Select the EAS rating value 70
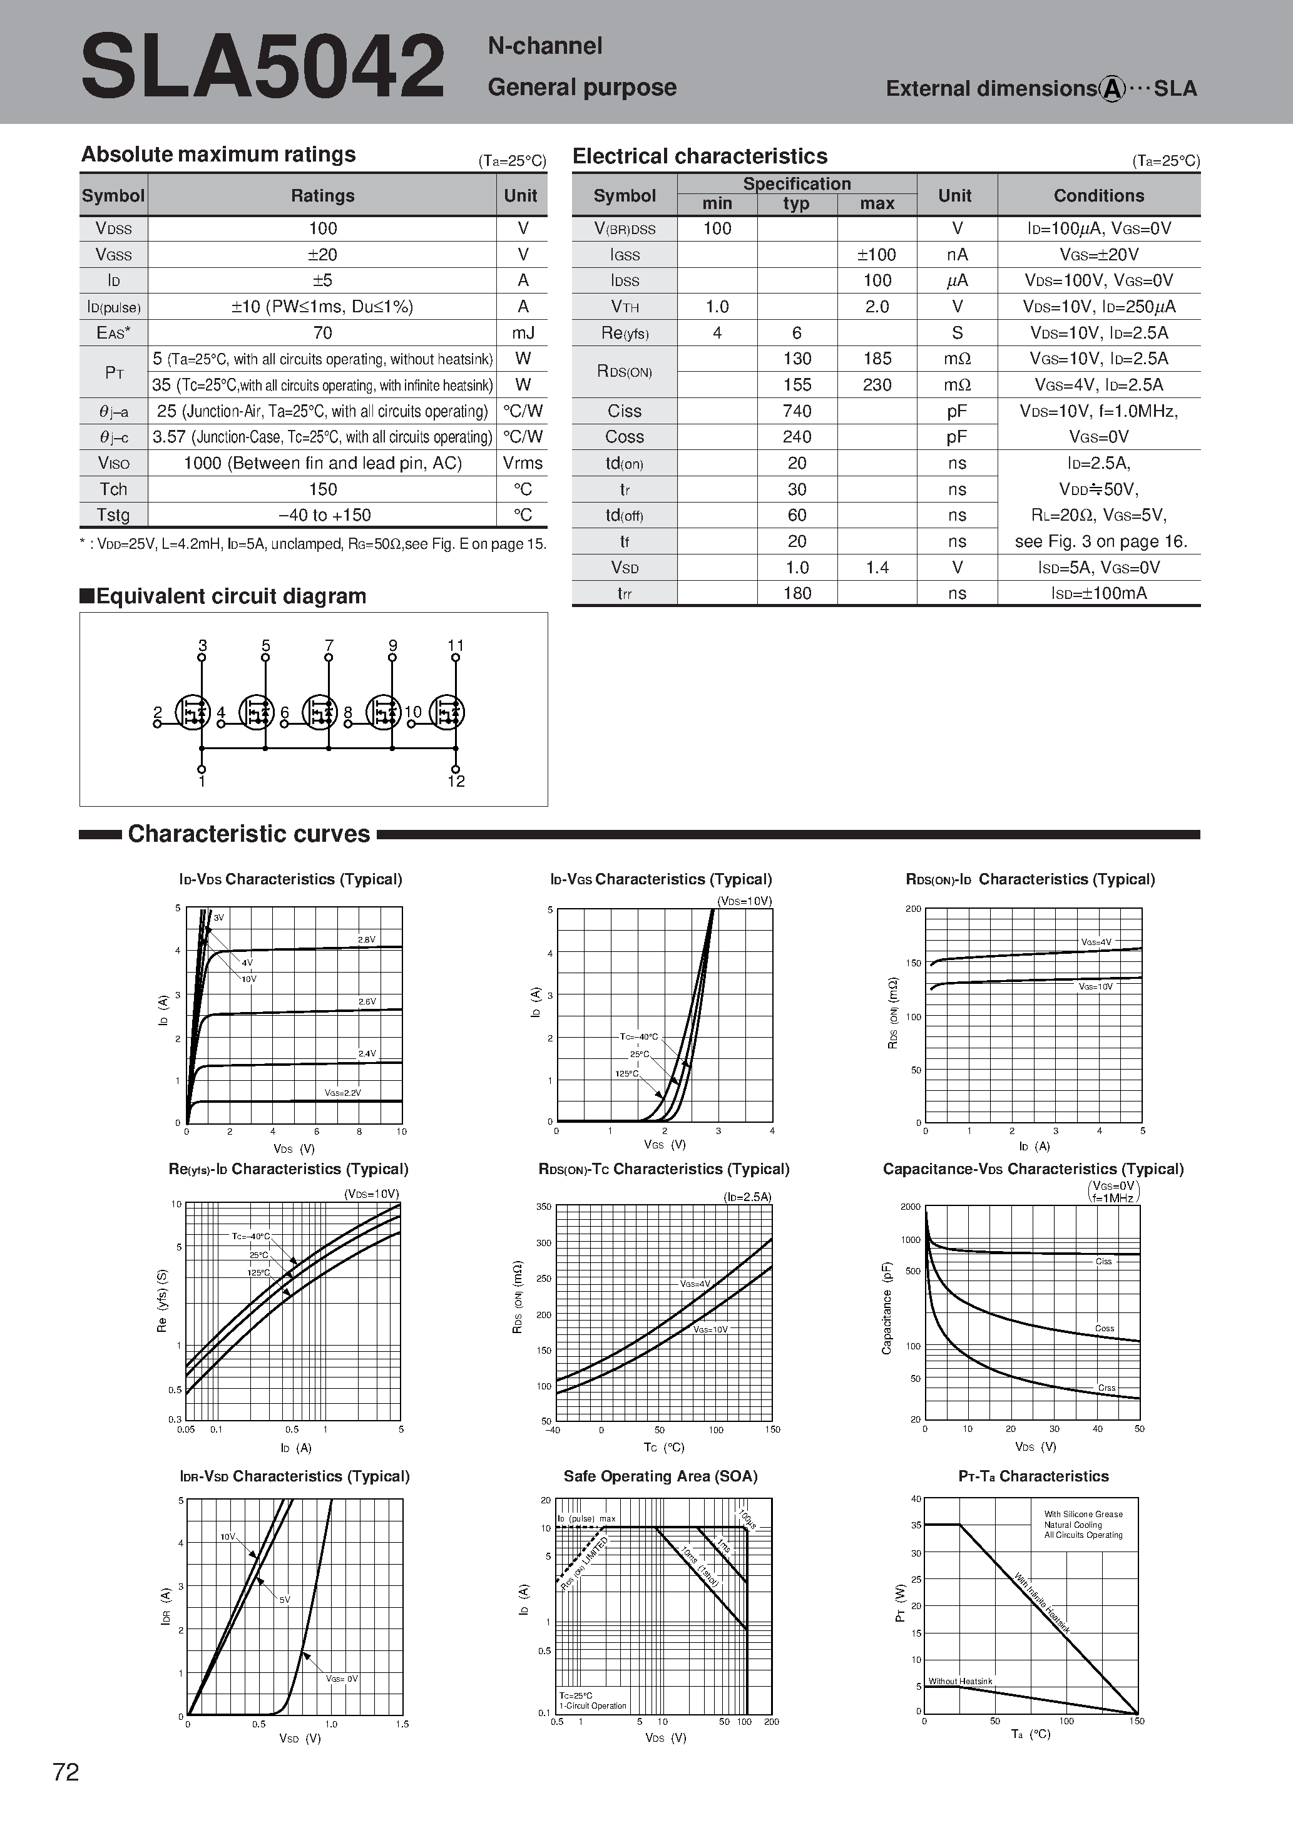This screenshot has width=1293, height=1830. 322,332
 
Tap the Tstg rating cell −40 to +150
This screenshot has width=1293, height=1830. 324,515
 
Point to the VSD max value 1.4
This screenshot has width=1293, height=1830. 877,568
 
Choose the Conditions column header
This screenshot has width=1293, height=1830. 1098,196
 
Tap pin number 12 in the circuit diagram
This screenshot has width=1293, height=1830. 456,782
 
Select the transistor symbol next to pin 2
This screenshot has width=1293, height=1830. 192,713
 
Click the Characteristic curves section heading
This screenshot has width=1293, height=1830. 248,834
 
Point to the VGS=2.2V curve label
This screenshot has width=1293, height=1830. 343,1093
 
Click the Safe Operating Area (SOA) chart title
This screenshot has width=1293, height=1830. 660,1476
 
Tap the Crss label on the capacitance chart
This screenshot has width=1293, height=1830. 1106,1388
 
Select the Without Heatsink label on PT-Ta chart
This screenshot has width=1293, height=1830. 960,1681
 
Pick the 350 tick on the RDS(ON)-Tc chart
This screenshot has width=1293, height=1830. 544,1207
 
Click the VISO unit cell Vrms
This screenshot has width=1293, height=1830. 522,463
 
